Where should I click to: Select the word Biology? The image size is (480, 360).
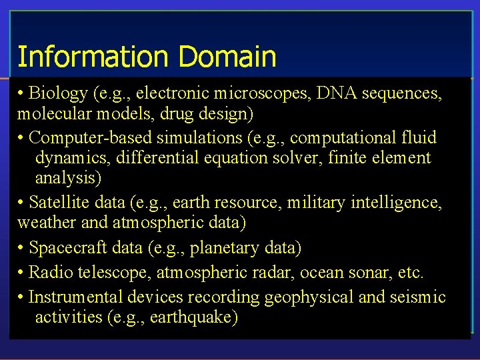click(59, 94)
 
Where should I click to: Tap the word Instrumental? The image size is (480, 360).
click(69, 297)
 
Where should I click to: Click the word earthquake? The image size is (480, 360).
click(193, 317)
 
